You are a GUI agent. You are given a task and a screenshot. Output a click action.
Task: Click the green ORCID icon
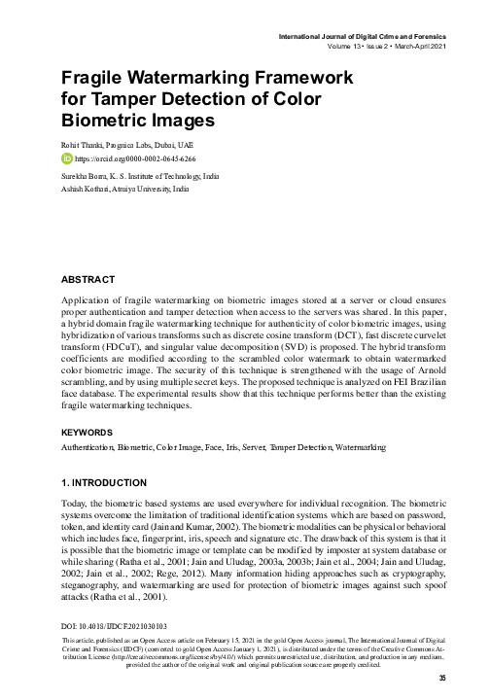[x=67, y=157]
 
